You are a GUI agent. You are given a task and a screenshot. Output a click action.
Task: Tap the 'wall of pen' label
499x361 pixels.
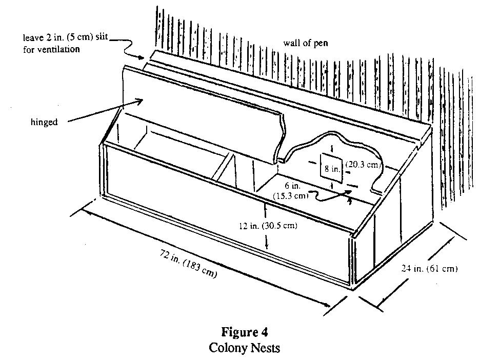[305, 43]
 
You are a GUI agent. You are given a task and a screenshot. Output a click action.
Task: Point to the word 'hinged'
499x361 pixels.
[44, 123]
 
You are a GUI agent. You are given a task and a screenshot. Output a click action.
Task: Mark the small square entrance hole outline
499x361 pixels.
[330, 167]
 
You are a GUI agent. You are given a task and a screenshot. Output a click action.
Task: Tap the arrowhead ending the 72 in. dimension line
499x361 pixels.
[329, 307]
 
